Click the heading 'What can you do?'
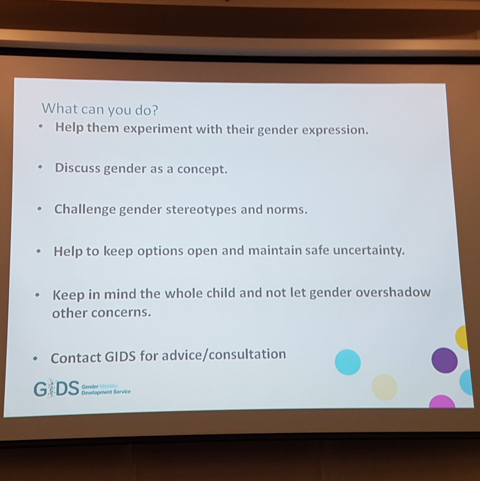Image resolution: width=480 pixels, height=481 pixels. click(x=100, y=109)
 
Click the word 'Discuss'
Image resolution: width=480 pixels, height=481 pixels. click(x=77, y=168)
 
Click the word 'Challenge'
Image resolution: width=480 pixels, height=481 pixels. click(x=85, y=209)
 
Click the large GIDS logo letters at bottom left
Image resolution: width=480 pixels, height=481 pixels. click(x=56, y=389)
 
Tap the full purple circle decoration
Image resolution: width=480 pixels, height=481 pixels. click(x=444, y=360)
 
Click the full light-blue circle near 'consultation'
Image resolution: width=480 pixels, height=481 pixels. click(x=347, y=362)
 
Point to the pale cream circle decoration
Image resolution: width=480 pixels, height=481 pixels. click(x=384, y=387)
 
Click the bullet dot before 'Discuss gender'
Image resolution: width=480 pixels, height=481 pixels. click(x=40, y=168)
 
